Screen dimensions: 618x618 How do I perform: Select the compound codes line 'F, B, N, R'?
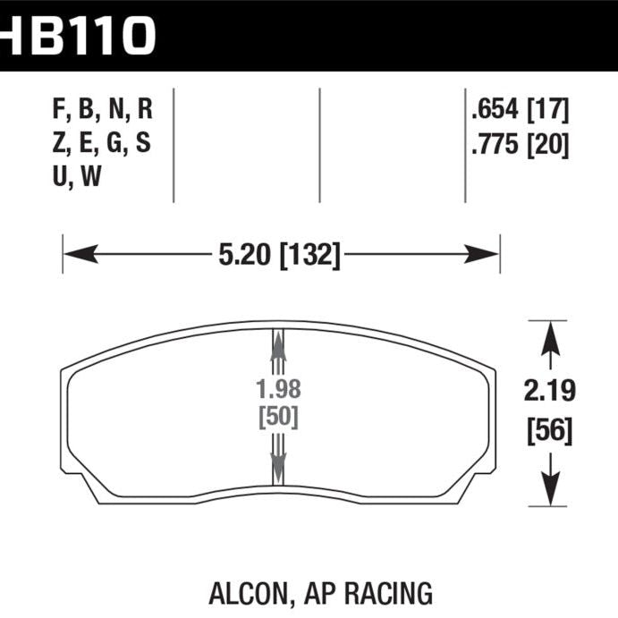click(103, 111)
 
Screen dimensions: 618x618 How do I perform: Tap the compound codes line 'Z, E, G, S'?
click(102, 144)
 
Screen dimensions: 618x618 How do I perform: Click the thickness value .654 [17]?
click(520, 111)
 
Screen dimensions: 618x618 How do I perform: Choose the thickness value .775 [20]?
click(520, 144)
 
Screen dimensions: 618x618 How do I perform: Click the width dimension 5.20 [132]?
click(279, 257)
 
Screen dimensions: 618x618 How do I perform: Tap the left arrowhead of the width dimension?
click(75, 256)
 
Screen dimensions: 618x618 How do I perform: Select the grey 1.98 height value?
click(278, 391)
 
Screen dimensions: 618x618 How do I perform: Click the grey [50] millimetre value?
click(278, 417)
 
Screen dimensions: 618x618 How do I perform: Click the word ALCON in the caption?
click(242, 592)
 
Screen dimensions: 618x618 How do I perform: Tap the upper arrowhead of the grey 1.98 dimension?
click(278, 340)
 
